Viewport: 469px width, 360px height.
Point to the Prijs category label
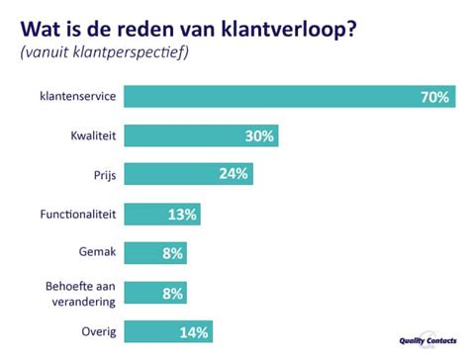point(105,174)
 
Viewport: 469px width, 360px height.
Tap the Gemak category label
point(99,252)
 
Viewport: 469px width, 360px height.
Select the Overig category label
point(100,331)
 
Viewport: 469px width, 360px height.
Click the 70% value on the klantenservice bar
point(433,97)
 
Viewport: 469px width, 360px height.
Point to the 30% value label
point(259,135)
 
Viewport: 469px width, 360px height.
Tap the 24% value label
point(234,175)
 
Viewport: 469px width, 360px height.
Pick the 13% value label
point(182,215)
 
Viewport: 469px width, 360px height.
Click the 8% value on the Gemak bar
point(173,253)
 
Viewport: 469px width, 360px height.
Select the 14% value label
point(195,332)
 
